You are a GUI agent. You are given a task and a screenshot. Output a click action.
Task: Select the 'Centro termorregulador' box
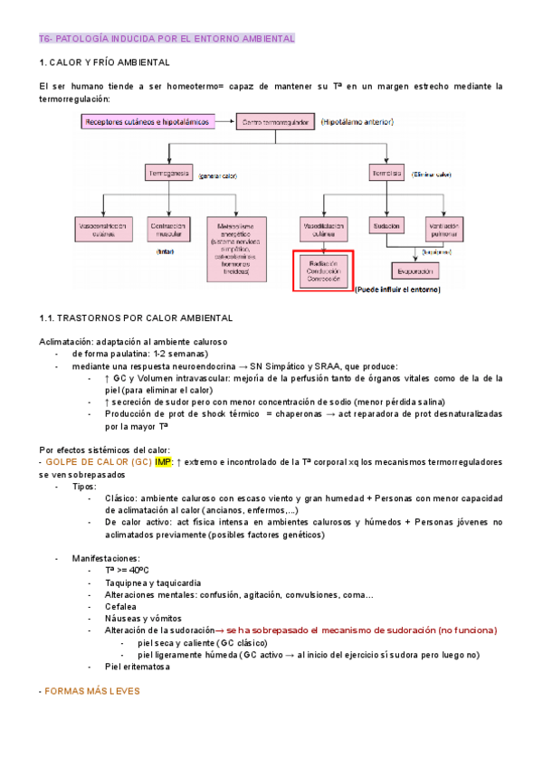pos(275,120)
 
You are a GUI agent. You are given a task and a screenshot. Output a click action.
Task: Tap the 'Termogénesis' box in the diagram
pos(166,172)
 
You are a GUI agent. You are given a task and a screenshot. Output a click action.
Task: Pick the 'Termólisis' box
pos(386,172)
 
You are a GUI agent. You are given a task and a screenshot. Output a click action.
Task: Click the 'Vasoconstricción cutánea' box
pos(100,229)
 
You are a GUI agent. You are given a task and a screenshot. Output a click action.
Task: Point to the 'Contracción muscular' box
pos(168,229)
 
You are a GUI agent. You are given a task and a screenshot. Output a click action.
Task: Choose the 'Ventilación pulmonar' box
pos(443,229)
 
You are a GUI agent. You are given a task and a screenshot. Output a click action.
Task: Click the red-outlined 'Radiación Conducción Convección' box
pos(323,271)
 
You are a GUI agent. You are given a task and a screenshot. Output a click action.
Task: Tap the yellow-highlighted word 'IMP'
pos(163,461)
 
